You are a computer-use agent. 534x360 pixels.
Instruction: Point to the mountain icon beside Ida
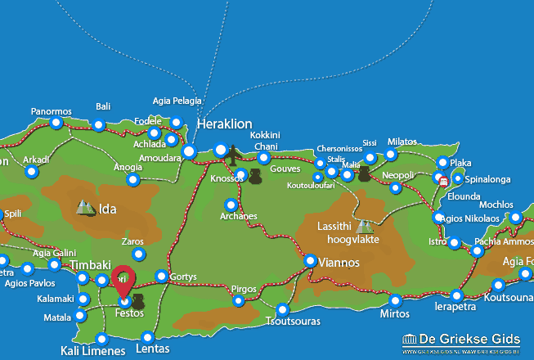point(85,209)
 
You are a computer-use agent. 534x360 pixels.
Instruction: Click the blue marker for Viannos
point(311,261)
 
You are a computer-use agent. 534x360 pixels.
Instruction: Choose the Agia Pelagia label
point(177,101)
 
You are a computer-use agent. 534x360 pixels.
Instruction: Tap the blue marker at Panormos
point(56,124)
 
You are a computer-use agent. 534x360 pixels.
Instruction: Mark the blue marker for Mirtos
point(396,300)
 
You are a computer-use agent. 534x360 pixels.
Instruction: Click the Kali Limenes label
point(93,351)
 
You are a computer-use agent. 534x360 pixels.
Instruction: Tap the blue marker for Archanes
point(231,205)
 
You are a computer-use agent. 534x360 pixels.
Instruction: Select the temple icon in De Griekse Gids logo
point(411,340)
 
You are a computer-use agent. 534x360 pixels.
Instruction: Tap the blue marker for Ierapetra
point(456,295)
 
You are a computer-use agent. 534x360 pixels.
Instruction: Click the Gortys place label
point(184,277)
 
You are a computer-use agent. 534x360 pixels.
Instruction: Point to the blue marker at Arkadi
point(31,172)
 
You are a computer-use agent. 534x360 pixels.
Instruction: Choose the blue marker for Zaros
point(138,254)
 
